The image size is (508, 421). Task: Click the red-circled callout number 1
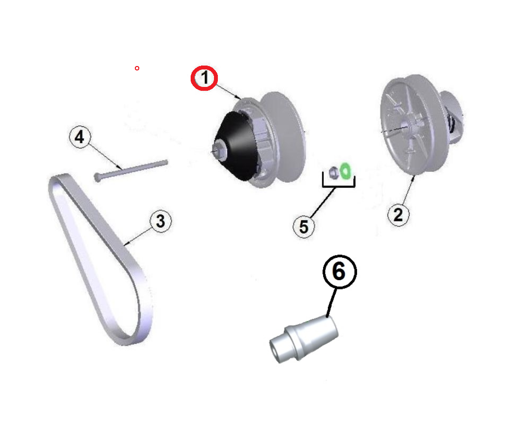coord(204,78)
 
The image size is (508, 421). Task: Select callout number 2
coord(398,215)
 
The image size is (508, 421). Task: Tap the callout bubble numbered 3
coord(161,221)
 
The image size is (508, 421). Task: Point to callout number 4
coord(80,137)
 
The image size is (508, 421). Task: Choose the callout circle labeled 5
coord(304,227)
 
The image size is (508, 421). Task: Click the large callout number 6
coord(340,271)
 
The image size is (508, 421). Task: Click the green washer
coord(345,170)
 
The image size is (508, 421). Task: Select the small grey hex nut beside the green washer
coord(333,172)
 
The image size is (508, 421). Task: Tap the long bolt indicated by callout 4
coord(131,169)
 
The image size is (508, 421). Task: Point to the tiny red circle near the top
coord(137,68)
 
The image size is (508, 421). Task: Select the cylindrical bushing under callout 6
coord(304,338)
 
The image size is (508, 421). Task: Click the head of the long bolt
coord(97,178)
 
